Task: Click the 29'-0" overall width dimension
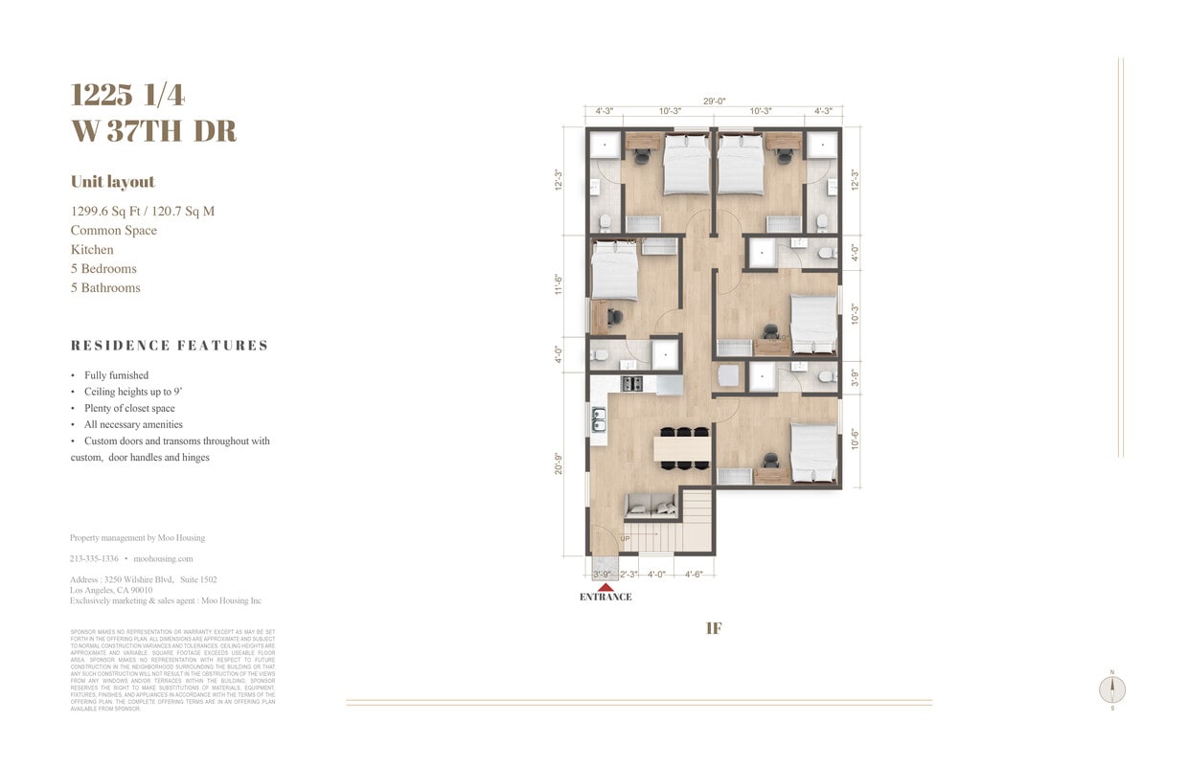pyautogui.click(x=714, y=100)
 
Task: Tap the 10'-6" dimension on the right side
pyautogui.click(x=855, y=439)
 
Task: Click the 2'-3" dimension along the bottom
pyautogui.click(x=628, y=575)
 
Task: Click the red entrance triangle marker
pyautogui.click(x=605, y=586)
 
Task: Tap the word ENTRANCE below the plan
pyautogui.click(x=605, y=598)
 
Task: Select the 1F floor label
pyautogui.click(x=714, y=628)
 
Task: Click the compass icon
pyautogui.click(x=1112, y=689)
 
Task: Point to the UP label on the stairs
pyautogui.click(x=625, y=539)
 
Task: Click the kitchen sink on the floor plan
pyautogui.click(x=599, y=419)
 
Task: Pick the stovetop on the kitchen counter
pyautogui.click(x=633, y=384)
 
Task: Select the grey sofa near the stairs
pyautogui.click(x=649, y=506)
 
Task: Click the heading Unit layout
pyautogui.click(x=112, y=182)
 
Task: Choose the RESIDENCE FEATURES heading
pyautogui.click(x=170, y=346)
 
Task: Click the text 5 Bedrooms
pyautogui.click(x=103, y=268)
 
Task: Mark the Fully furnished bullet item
pyautogui.click(x=116, y=375)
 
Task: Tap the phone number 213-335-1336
pyautogui.click(x=94, y=558)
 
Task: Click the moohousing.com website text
pyautogui.click(x=163, y=558)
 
